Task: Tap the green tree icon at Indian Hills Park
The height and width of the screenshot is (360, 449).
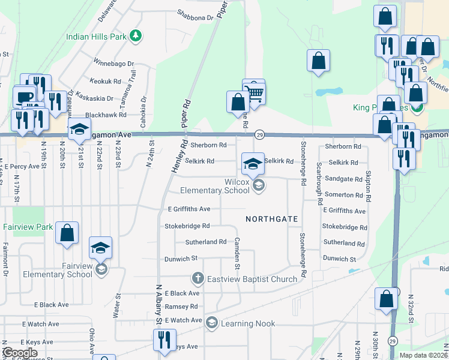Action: (x=136, y=36)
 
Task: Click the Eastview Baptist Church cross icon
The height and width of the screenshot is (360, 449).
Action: (x=198, y=278)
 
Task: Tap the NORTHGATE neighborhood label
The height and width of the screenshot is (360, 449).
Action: (x=272, y=219)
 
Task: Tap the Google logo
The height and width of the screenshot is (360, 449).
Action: (x=20, y=353)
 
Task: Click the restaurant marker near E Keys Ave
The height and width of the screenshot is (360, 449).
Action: (x=161, y=340)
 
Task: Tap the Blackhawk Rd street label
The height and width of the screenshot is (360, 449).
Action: (x=106, y=114)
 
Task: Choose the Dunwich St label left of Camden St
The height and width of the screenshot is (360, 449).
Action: (x=181, y=259)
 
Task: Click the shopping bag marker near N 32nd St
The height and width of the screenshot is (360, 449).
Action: (x=387, y=299)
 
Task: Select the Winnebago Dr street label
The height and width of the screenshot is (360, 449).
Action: (x=113, y=62)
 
